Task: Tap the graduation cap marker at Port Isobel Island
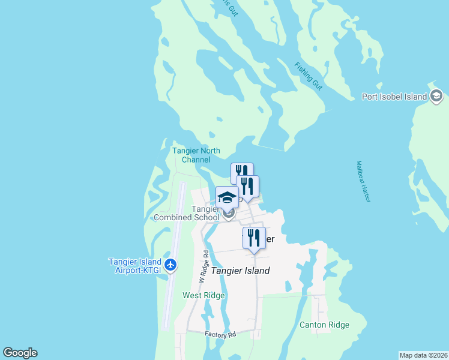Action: [436, 96]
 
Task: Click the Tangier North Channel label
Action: [196, 155]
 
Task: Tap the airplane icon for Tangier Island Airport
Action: [171, 265]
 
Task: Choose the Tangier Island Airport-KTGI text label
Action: [134, 266]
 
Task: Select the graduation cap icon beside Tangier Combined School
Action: [228, 197]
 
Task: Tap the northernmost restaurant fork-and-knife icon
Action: [242, 173]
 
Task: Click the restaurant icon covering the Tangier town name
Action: [254, 237]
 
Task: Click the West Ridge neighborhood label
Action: [203, 295]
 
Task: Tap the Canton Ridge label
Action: [324, 325]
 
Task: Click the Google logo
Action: [20, 353]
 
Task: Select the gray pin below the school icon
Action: [228, 212]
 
